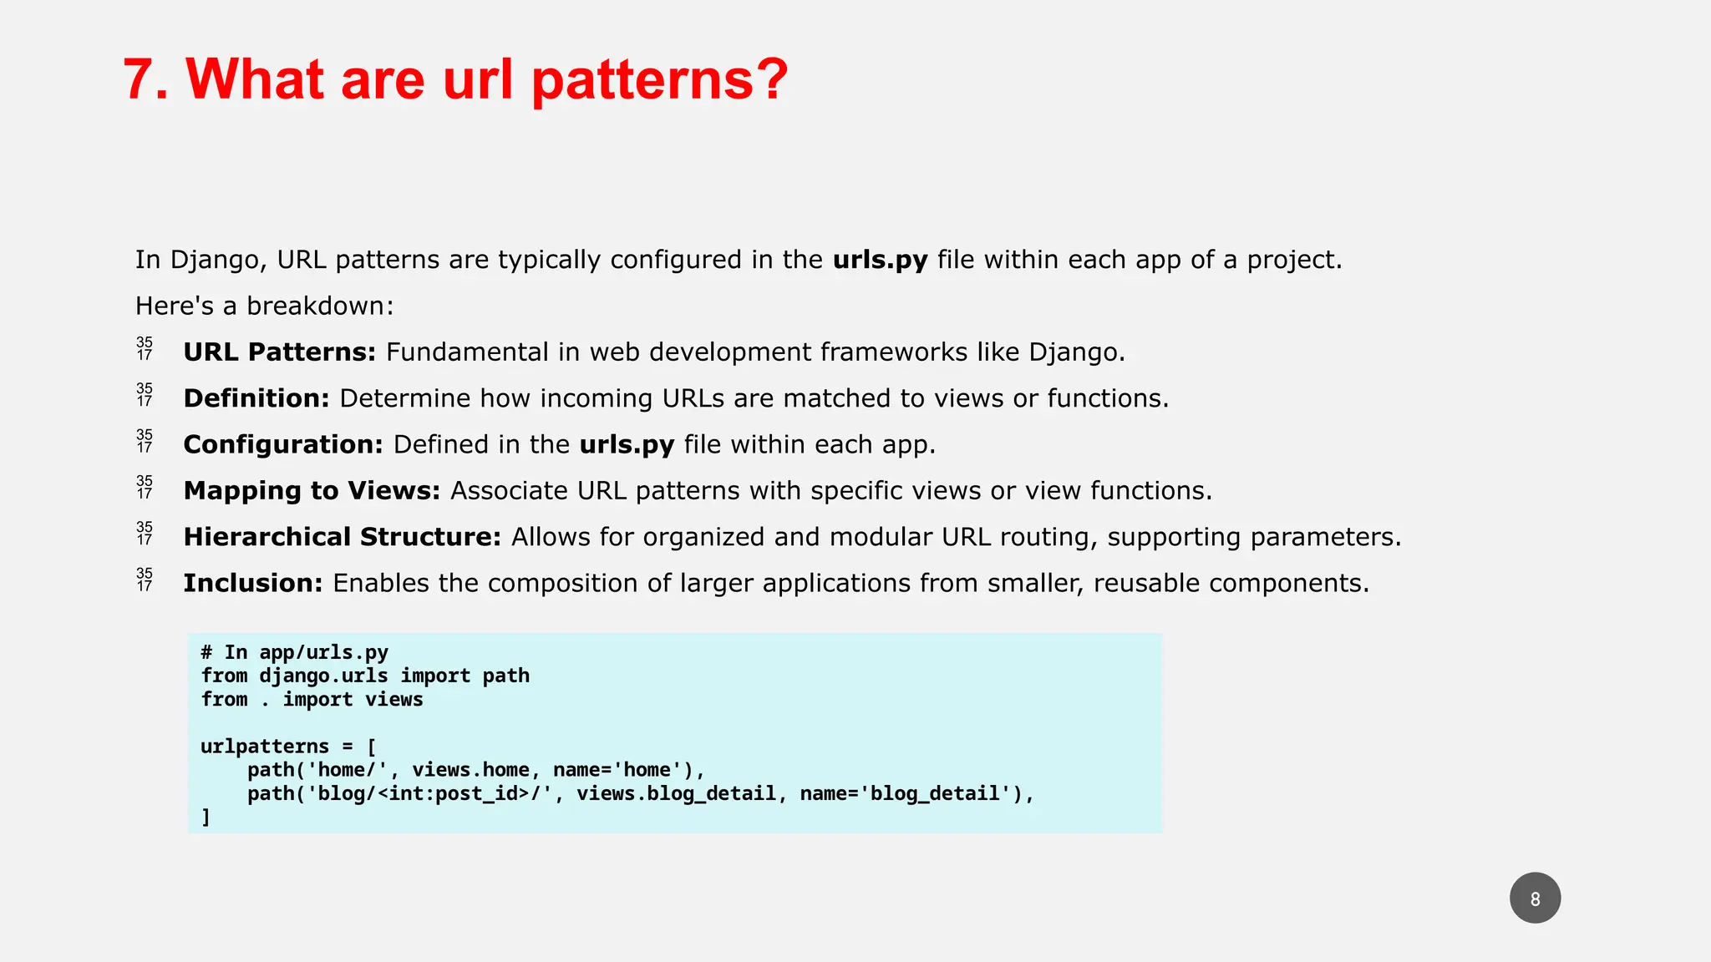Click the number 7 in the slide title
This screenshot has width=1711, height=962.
pos(140,80)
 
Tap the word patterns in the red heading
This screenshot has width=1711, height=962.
pos(659,80)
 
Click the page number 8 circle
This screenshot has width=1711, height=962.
pos(1535,899)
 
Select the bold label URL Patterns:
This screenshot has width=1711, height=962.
pos(280,352)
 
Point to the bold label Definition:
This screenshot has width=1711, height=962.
pos(256,398)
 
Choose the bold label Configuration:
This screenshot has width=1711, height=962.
pos(283,444)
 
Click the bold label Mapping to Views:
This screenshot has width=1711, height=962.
pos(312,490)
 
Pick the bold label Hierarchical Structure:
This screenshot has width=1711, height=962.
pos(343,537)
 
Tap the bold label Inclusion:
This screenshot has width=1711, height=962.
pos(253,583)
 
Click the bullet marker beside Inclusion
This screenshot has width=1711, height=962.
pos(145,580)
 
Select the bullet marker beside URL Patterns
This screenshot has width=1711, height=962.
pos(145,349)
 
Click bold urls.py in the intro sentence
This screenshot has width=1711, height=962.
pos(880,260)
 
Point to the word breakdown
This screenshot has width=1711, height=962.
pos(319,306)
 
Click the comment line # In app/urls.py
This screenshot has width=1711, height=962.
pos(294,652)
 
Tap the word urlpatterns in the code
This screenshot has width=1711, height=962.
pos(265,747)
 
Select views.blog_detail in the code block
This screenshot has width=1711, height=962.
pos(677,793)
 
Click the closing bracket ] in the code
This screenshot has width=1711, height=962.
pos(206,817)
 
